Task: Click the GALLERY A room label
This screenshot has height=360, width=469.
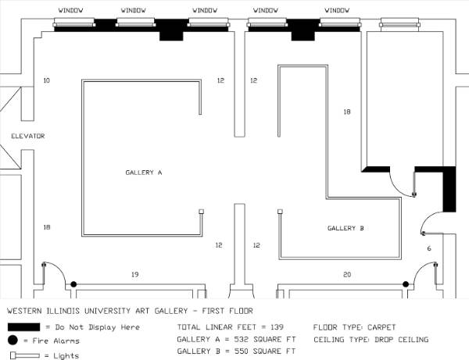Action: coord(144,173)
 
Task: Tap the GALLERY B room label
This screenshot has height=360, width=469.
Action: coord(345,228)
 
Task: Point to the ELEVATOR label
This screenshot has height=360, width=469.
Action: coord(28,136)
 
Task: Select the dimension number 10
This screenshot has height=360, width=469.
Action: coord(47,80)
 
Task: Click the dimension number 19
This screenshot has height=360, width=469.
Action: coord(135,274)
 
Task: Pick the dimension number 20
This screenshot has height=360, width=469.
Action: coord(347,274)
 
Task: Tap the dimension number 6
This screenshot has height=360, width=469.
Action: coord(429,248)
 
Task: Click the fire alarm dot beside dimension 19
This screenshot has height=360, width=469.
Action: coord(73,284)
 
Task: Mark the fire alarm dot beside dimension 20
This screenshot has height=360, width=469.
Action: coord(406,284)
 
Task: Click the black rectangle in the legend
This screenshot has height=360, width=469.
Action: coord(23,327)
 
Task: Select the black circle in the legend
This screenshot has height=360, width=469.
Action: coord(13,340)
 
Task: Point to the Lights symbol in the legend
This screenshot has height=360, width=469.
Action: coord(25,355)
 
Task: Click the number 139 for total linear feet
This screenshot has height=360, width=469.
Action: coord(277,327)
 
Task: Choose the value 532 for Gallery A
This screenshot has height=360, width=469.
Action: coord(241,340)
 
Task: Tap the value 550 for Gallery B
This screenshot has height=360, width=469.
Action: coord(241,351)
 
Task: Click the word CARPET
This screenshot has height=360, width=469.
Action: coord(381,327)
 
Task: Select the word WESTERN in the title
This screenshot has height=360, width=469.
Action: coord(24,311)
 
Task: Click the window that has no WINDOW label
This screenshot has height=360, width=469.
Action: coord(399,23)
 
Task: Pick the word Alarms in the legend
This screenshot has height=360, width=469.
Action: coord(67,341)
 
